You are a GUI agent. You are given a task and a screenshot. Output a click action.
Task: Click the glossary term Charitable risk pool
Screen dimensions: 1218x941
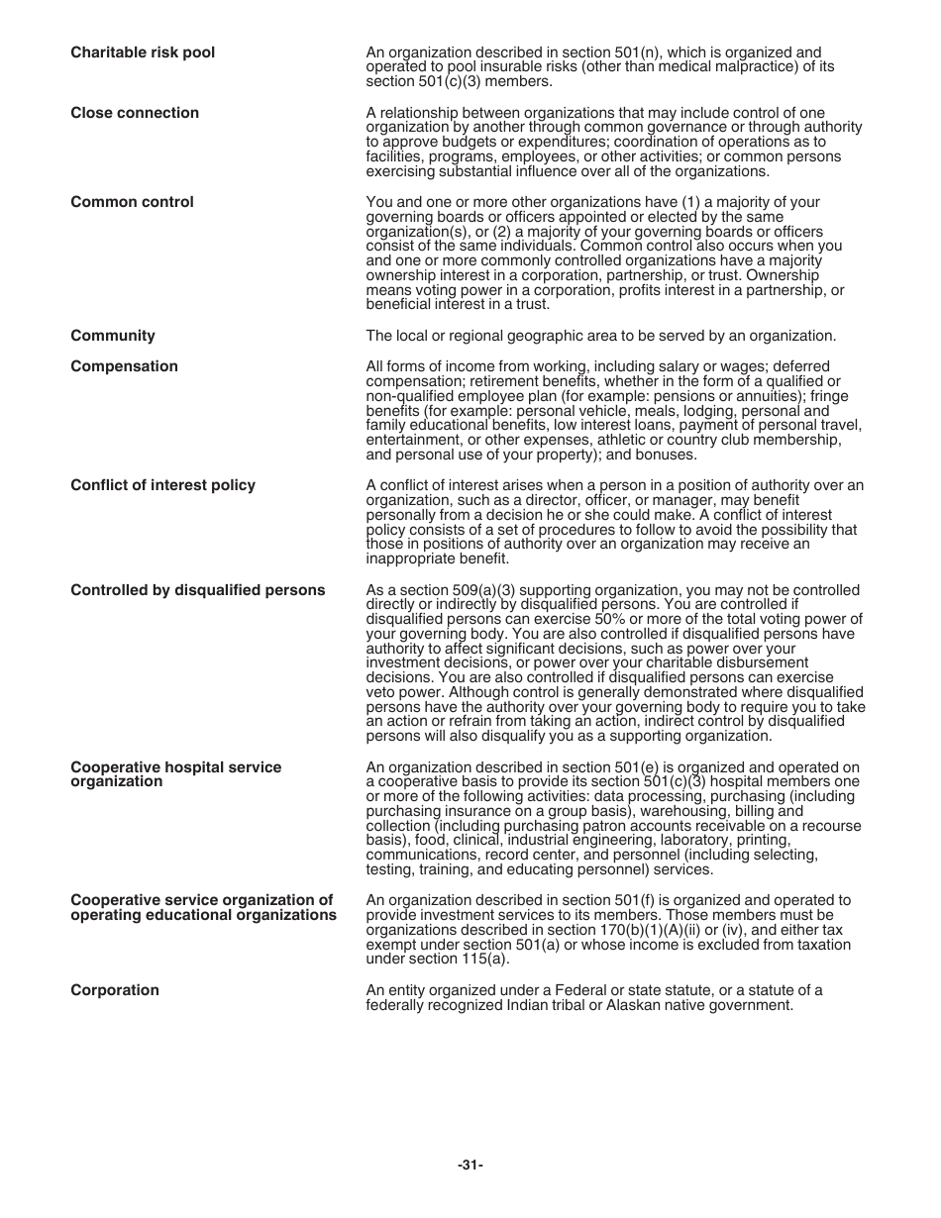(142, 52)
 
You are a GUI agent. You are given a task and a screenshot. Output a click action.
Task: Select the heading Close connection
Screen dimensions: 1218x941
(134, 113)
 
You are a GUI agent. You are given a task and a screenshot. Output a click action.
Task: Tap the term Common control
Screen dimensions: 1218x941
(132, 202)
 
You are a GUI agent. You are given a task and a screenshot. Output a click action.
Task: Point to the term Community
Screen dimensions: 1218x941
(112, 336)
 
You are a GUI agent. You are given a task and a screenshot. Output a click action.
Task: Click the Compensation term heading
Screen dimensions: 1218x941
(124, 366)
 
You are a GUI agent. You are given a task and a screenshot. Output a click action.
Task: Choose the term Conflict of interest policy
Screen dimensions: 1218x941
(162, 485)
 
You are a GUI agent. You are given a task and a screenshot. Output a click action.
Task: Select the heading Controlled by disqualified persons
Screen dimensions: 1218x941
(197, 590)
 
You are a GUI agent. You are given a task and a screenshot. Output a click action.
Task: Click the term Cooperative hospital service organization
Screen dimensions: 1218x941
(175, 774)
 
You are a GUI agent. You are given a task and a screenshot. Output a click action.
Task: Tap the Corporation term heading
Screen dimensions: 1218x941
(114, 990)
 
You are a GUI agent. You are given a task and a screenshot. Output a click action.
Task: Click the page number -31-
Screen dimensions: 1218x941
(470, 1166)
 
